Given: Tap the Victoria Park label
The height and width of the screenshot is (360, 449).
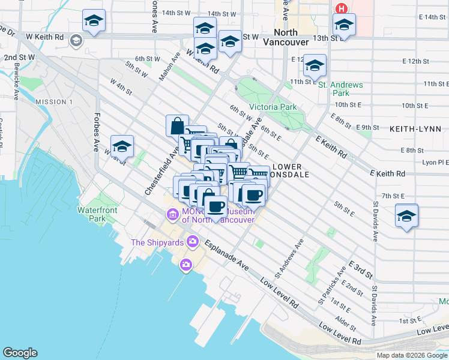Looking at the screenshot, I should click(273, 107).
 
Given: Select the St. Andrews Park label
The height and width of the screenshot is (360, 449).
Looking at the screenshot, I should click(341, 89).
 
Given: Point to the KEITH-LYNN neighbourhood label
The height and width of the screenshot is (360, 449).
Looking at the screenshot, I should click(415, 129).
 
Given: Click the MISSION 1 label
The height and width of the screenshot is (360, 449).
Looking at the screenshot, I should click(54, 102).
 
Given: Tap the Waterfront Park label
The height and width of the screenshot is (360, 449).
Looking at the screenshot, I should click(92, 214).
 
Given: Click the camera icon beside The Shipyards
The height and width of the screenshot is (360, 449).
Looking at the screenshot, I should click(193, 242).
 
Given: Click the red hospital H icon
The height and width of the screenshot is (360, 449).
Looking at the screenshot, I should click(342, 8).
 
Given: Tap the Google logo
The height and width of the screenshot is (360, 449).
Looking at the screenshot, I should click(20, 353).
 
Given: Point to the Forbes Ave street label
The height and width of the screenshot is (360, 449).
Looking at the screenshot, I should click(96, 133).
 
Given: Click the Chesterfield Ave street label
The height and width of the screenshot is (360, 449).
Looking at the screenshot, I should click(161, 173).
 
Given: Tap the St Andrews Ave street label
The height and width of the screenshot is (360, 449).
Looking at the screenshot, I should click(289, 258).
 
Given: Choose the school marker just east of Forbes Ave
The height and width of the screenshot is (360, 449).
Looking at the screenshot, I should click(122, 146).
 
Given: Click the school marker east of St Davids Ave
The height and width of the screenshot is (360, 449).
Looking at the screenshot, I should click(406, 215).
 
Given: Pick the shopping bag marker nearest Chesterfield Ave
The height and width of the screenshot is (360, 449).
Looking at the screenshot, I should click(177, 126).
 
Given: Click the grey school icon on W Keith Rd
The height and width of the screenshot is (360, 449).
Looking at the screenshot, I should click(76, 40).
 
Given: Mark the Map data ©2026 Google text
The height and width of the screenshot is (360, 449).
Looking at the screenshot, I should click(412, 355).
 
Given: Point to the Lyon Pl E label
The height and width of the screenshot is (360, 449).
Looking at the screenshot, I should click(435, 162).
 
